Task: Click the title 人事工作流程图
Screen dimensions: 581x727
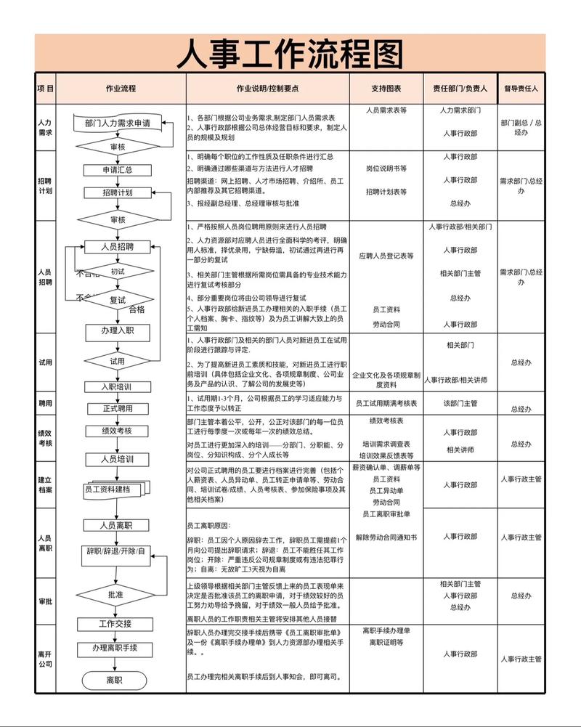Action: (x=290, y=53)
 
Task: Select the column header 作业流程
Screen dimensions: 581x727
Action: (x=121, y=89)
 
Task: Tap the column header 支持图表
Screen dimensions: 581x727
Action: (x=386, y=89)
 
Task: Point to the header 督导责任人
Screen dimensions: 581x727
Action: (x=521, y=89)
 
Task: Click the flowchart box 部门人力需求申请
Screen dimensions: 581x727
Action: (x=118, y=123)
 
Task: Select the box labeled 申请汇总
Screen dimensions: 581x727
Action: (x=118, y=170)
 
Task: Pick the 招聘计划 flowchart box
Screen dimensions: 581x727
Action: (x=118, y=192)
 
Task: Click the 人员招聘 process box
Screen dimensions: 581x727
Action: (x=118, y=247)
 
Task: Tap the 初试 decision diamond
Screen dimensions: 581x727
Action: (x=118, y=272)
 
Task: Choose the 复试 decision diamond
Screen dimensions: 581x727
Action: (x=118, y=299)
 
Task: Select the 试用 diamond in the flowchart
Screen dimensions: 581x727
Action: (x=118, y=361)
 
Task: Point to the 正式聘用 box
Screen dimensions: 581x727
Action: (x=118, y=408)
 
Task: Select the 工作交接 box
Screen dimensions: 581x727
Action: (x=116, y=624)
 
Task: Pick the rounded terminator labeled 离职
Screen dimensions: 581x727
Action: (x=114, y=681)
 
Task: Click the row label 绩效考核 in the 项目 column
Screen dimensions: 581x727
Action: (x=45, y=437)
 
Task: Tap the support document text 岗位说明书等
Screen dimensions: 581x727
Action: (x=386, y=168)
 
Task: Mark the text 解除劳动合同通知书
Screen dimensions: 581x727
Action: (x=386, y=537)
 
